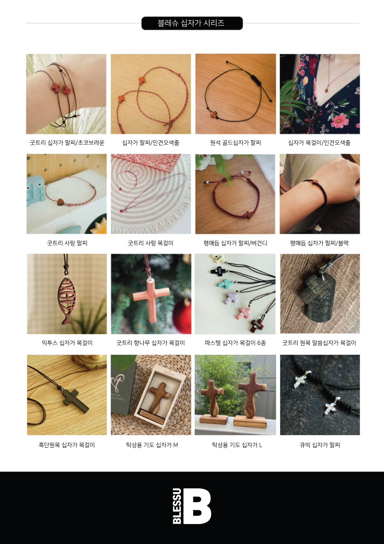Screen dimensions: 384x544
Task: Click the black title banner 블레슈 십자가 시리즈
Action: click(192, 23)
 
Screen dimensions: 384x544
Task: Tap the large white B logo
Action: click(197, 506)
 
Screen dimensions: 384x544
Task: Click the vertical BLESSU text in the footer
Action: click(177, 506)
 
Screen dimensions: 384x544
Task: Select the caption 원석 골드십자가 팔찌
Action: click(235, 143)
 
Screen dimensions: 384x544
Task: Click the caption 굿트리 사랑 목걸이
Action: click(151, 243)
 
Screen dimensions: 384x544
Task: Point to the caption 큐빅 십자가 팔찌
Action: click(320, 445)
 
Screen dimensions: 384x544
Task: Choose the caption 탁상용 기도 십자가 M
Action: click(152, 445)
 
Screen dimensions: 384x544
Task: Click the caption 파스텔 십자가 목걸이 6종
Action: click(235, 343)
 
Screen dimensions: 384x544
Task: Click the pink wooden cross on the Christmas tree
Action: click(151, 300)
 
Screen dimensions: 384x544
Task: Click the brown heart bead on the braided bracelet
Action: click(60, 202)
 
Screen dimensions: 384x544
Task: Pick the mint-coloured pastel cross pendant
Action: click(225, 284)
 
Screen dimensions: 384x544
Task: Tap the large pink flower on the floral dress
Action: click(340, 120)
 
